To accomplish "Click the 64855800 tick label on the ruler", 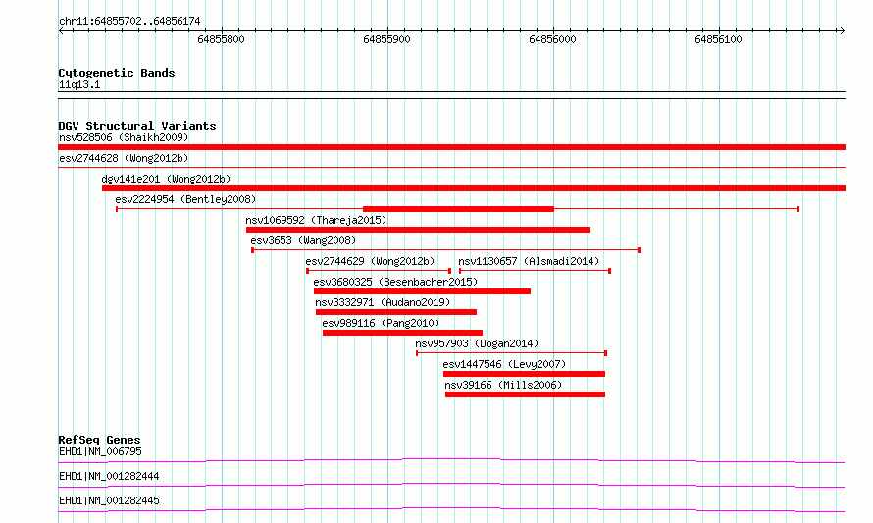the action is click(x=221, y=39).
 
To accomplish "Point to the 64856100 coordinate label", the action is click(x=718, y=39).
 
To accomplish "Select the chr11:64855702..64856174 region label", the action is click(x=129, y=22).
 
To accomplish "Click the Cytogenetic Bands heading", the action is click(x=117, y=73).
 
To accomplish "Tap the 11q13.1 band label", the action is click(x=79, y=84).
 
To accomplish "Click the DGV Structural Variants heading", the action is click(x=137, y=126).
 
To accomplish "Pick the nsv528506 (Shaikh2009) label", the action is click(x=124, y=137).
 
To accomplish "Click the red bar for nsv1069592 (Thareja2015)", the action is click(x=418, y=230).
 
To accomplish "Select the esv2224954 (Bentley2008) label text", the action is click(x=185, y=199).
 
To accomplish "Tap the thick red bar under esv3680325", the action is click(x=422, y=291).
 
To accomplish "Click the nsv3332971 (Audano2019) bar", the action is click(x=396, y=312).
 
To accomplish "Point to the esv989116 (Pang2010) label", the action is click(x=381, y=323).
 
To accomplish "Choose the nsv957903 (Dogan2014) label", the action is click(x=477, y=343).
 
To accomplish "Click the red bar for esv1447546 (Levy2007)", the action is click(x=524, y=374).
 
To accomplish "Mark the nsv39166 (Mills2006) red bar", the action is click(x=525, y=394).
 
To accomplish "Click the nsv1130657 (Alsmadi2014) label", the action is click(x=529, y=261).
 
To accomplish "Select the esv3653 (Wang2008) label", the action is click(x=303, y=240).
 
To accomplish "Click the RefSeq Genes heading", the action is click(x=99, y=440).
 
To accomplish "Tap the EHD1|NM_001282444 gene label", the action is click(x=109, y=476).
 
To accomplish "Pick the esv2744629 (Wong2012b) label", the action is click(x=370, y=261).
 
